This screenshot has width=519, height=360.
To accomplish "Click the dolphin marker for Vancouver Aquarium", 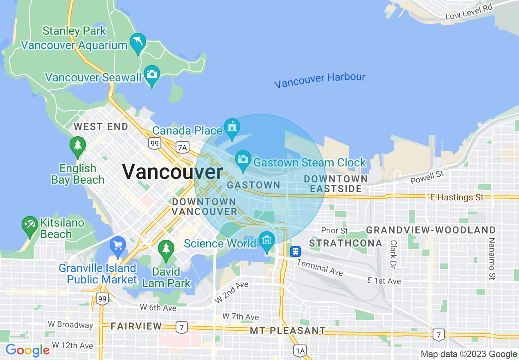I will point(138,42).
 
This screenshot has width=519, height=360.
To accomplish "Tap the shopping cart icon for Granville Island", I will point(118,246).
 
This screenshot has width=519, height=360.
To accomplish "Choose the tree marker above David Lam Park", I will point(166,249).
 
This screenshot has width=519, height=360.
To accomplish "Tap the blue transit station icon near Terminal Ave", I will point(296,251).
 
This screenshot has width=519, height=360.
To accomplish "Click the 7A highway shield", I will point(182,147).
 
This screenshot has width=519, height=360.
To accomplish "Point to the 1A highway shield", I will point(300,350).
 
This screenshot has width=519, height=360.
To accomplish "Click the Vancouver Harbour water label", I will point(320,80).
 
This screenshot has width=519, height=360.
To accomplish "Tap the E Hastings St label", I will point(457,198).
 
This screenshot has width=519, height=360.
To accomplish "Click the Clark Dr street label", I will point(393,254).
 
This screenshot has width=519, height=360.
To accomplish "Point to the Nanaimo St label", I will point(492,259).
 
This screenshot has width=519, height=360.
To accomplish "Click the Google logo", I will point(27,350).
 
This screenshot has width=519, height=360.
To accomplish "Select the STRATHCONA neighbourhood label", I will point(345,243).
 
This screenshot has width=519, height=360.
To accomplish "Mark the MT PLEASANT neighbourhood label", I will point(288,331).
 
